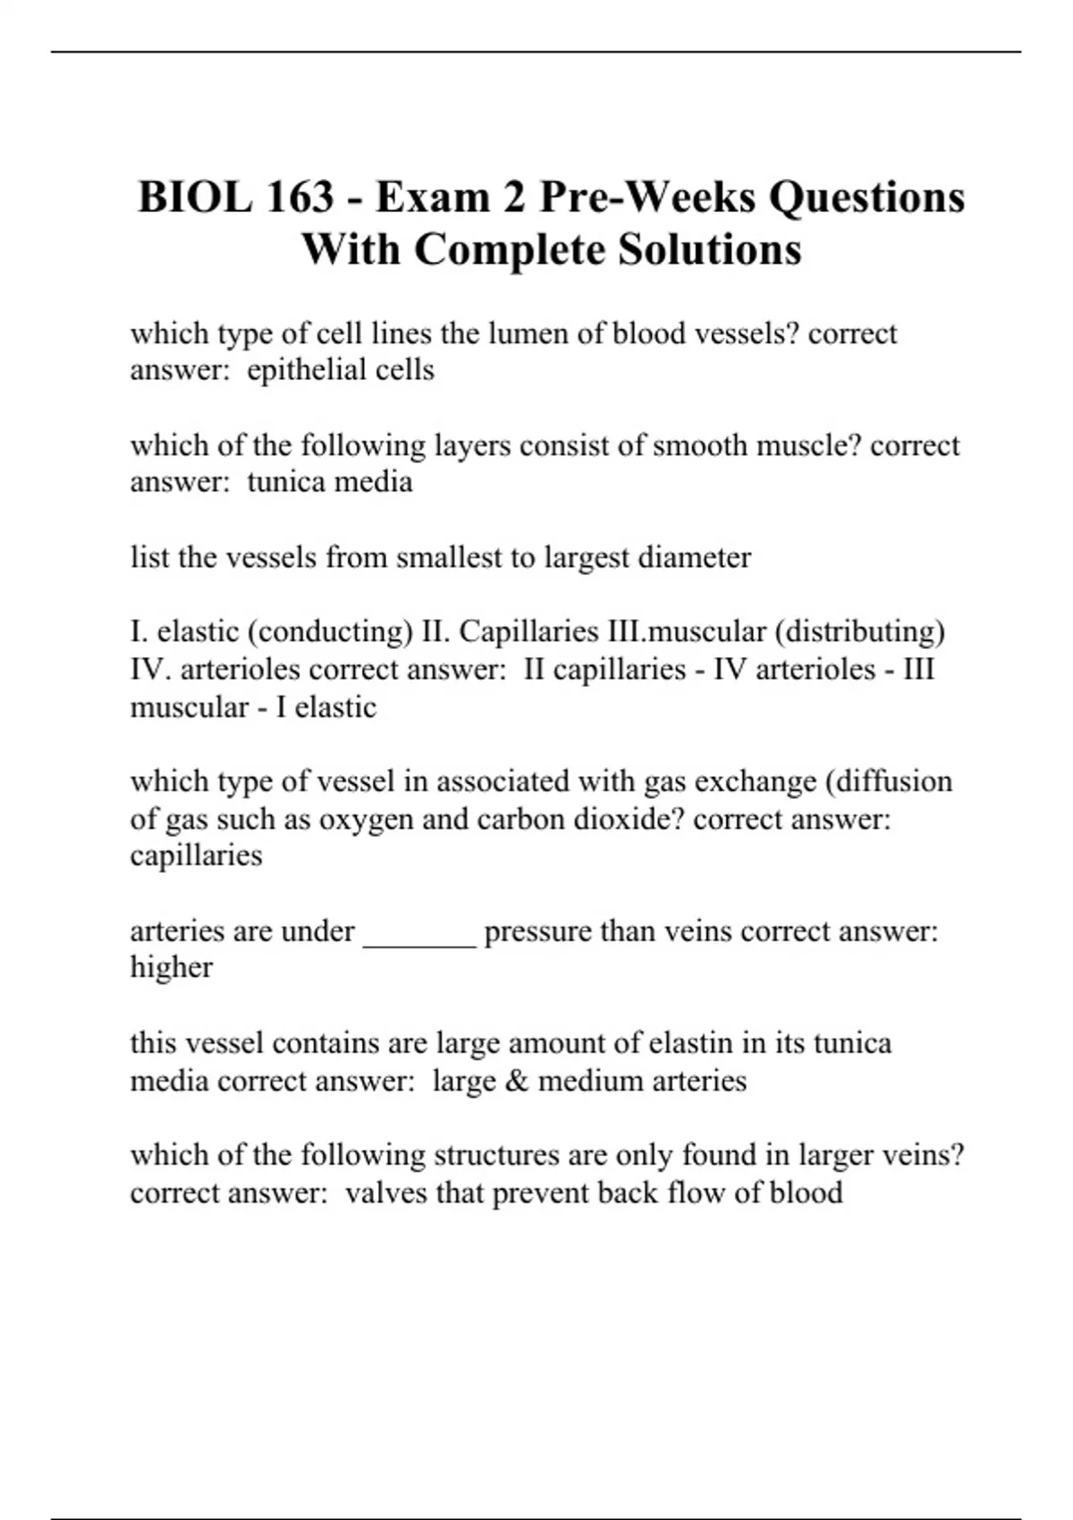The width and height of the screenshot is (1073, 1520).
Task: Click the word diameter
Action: click(694, 557)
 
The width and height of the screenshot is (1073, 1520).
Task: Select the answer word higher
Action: click(172, 967)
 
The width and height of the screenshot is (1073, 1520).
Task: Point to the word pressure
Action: click(537, 932)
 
